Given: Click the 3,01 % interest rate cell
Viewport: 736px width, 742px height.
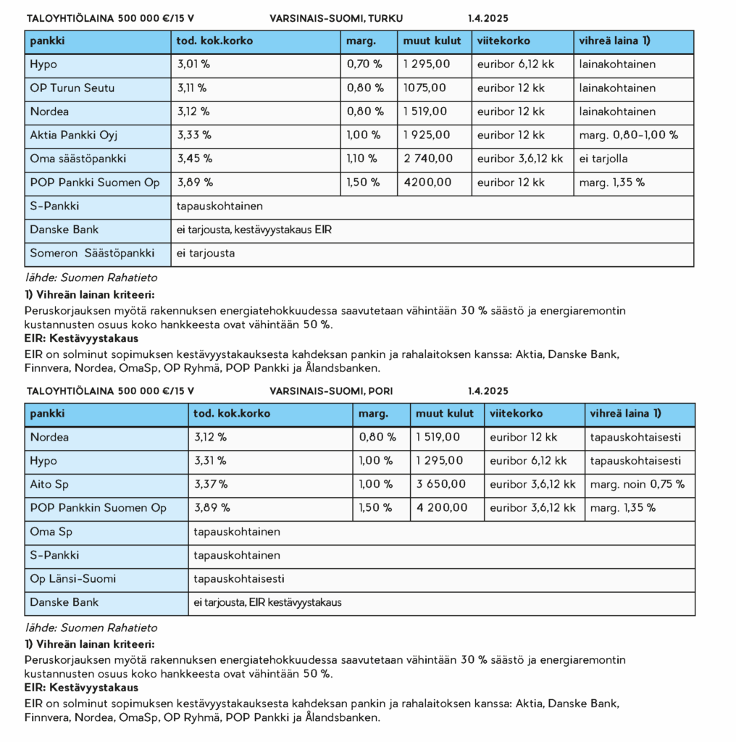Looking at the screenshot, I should [x=193, y=64].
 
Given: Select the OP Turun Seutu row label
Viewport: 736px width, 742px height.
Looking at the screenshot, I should [x=72, y=88].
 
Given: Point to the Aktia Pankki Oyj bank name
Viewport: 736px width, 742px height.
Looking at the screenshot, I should [x=74, y=135].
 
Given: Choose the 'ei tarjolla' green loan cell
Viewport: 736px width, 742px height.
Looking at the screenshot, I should [x=603, y=159].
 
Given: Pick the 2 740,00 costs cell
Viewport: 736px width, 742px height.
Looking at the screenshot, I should [x=428, y=159].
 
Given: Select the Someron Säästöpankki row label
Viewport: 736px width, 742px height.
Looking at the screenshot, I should [x=92, y=254].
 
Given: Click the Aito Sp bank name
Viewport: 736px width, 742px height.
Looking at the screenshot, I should [x=49, y=484].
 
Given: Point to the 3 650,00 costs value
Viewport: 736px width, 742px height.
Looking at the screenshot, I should [x=441, y=484].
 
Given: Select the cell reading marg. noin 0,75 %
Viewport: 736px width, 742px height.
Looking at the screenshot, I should [x=637, y=484].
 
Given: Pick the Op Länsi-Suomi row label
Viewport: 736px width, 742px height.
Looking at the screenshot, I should [x=72, y=579].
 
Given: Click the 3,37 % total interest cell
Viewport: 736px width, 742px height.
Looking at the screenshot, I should [x=211, y=484].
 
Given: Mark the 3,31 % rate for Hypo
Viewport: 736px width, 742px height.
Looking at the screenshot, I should [x=210, y=460].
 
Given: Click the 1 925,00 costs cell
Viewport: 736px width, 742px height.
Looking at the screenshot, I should [x=427, y=135].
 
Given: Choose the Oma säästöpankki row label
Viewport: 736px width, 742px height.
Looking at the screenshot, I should [x=78, y=159].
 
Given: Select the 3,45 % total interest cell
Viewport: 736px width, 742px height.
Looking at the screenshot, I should [x=194, y=159].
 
